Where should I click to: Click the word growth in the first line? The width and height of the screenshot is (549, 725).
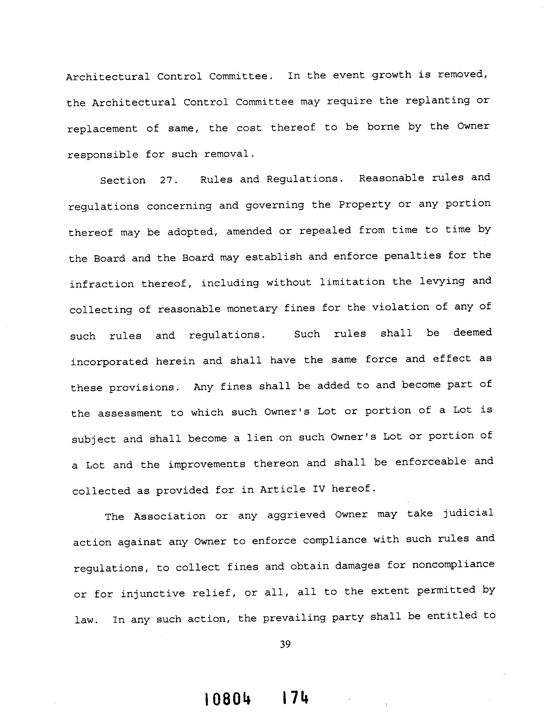point(391,75)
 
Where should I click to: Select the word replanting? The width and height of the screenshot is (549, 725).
point(438,101)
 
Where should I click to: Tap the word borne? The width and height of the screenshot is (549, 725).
point(383,126)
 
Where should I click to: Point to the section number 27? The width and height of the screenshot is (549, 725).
point(169,180)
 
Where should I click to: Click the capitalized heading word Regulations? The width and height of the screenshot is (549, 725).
point(305,179)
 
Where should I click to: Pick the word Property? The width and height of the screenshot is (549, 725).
point(364,205)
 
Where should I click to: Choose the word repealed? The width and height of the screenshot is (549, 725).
point(325,230)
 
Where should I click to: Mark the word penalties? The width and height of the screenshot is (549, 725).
point(413,256)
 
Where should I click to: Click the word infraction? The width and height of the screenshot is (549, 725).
point(102,284)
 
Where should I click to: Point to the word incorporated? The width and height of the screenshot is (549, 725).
point(109,361)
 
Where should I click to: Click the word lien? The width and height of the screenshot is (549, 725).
point(259,438)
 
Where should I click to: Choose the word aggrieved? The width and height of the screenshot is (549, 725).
point(296,515)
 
